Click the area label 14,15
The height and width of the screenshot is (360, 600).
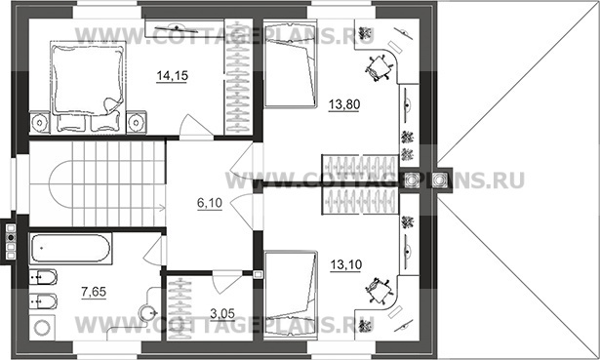click(x=172, y=76)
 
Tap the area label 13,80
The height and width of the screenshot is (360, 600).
click(x=344, y=104)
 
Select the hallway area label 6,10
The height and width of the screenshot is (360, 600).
click(x=210, y=203)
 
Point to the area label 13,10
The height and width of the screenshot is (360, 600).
click(x=345, y=264)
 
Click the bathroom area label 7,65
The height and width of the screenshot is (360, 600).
click(x=94, y=292)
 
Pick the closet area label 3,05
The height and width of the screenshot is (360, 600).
click(x=222, y=314)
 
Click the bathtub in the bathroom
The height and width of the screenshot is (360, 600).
click(x=71, y=248)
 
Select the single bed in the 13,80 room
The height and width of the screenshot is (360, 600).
click(x=291, y=64)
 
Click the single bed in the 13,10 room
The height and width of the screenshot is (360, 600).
click(x=291, y=295)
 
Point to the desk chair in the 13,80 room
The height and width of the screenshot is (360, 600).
click(x=379, y=68)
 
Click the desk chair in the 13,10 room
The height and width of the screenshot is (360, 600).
click(x=379, y=291)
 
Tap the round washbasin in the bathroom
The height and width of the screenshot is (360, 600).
click(x=147, y=313)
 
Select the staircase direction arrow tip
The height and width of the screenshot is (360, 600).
click(x=165, y=208)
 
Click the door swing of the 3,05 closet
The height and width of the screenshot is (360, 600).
click(x=225, y=282)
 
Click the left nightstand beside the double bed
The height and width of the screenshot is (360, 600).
click(x=39, y=122)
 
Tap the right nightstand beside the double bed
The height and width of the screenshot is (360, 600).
click(x=137, y=122)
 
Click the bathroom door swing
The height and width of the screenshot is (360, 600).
click(x=154, y=251)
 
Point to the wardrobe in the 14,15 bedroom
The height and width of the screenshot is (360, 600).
click(x=238, y=76)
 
